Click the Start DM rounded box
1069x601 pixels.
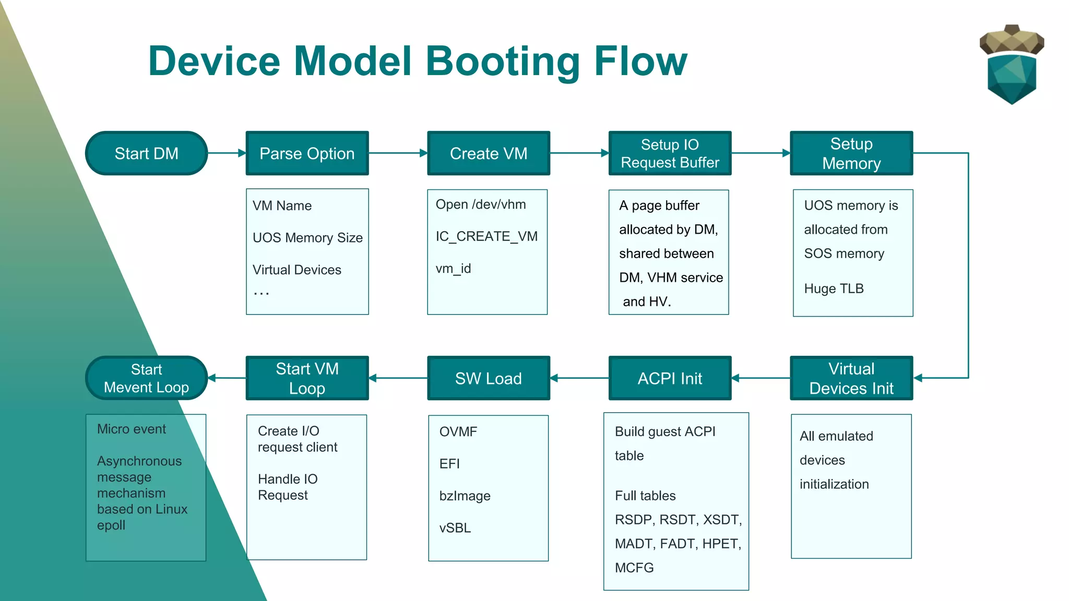tap(146, 153)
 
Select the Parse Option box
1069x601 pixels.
tap(307, 153)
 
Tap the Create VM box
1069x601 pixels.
tap(488, 153)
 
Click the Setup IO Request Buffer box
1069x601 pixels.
tap(670, 153)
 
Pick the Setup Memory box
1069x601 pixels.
tap(851, 153)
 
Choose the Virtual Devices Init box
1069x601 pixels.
tap(851, 378)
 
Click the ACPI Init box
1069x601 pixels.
tap(670, 378)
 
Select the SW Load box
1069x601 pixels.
tap(488, 378)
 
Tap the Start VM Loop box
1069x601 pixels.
tap(307, 378)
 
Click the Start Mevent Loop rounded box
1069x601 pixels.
tap(146, 378)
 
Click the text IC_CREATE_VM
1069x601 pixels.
tap(486, 236)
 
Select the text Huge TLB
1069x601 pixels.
tap(834, 289)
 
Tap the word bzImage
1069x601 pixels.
tap(465, 496)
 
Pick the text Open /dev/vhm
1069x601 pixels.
tap(481, 205)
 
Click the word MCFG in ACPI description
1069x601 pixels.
tap(634, 568)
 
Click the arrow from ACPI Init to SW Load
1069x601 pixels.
tap(579, 378)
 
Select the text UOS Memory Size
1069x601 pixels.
tap(307, 238)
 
